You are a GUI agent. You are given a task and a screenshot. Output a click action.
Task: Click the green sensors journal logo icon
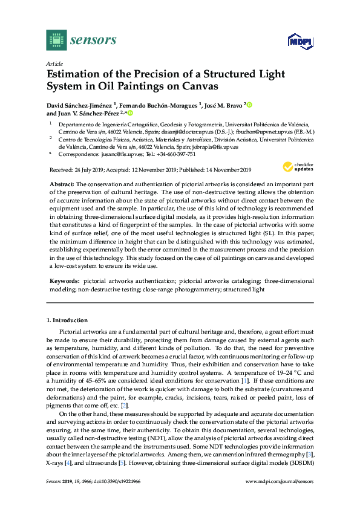pyautogui.click(x=56, y=40)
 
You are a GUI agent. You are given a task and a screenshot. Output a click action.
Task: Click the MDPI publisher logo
pyautogui.click(x=299, y=42)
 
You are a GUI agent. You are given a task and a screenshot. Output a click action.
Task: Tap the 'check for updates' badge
pyautogui.click(x=296, y=167)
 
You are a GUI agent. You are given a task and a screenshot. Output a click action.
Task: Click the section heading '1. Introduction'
pyautogui.click(x=67, y=320)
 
